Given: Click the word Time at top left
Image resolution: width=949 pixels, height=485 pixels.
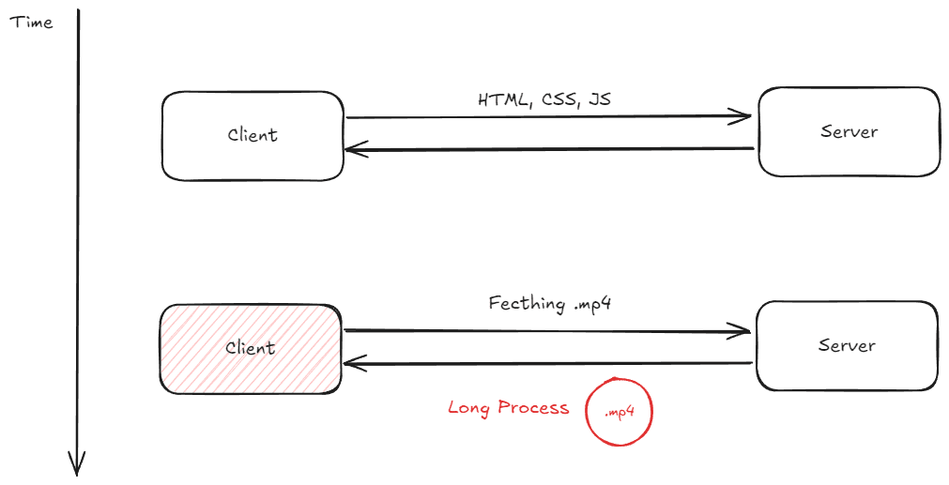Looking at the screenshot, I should click(x=31, y=22).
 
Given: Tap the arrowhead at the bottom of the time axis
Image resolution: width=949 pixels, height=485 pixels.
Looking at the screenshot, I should click(x=77, y=463).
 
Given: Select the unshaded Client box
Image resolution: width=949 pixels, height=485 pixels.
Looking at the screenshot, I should click(x=253, y=135).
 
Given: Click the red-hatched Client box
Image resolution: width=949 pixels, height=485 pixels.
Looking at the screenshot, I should click(x=251, y=348).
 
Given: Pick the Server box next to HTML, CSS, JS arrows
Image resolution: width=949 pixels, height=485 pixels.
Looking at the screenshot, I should click(x=849, y=131).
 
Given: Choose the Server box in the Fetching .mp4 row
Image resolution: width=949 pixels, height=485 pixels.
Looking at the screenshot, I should click(x=847, y=345).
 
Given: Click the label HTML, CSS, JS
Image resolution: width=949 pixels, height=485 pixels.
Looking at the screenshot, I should click(x=545, y=99).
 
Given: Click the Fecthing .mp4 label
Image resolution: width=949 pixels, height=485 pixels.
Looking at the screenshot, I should click(x=550, y=304).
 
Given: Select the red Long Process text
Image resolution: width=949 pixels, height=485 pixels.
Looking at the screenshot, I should click(x=508, y=408).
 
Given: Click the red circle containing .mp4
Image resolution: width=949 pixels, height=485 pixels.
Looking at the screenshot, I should click(x=618, y=411).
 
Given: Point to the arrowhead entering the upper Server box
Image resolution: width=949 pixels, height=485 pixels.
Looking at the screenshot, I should click(x=744, y=117).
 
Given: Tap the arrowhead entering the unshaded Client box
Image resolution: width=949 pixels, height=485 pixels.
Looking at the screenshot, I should click(x=354, y=149).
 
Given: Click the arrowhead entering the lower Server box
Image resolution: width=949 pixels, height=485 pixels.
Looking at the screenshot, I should click(x=743, y=330).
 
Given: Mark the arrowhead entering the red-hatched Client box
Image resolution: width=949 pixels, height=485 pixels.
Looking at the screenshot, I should click(x=353, y=363).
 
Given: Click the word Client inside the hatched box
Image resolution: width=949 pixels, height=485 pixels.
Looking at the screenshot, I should click(x=251, y=348).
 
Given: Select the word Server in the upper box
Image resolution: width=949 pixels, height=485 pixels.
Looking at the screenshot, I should click(x=849, y=131).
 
